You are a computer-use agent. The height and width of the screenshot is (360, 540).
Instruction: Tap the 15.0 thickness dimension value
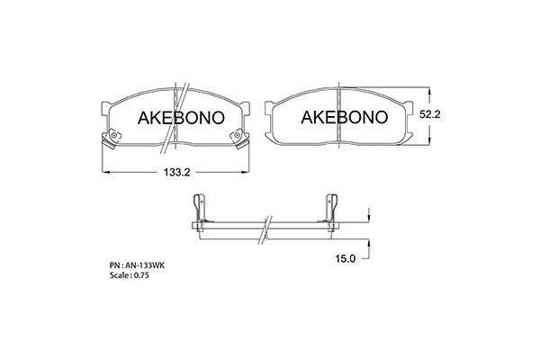346,257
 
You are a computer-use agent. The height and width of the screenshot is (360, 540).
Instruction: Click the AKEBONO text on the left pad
173,118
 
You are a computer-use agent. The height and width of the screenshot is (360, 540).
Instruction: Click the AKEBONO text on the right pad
343,118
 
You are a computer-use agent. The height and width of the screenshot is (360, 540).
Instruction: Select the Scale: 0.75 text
130,276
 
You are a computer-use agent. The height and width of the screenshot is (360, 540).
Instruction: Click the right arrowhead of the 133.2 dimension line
247,172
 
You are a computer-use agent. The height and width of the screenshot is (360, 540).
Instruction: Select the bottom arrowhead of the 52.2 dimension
431,142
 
